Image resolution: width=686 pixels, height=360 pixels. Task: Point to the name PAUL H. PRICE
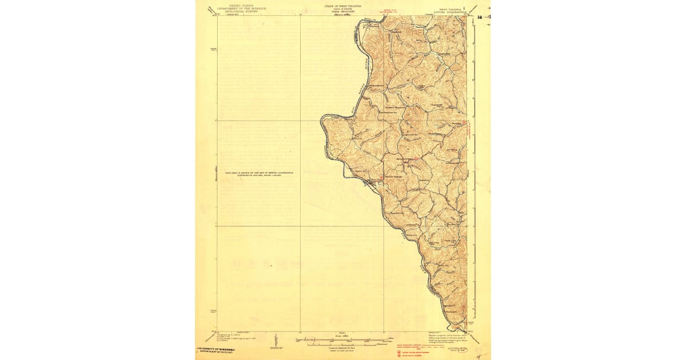tap(343, 9)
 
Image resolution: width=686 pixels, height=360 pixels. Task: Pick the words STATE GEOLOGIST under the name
tap(343, 12)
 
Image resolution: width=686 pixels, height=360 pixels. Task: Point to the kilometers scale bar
tap(343, 344)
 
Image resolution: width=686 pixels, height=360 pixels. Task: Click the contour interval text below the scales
tap(343, 348)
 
